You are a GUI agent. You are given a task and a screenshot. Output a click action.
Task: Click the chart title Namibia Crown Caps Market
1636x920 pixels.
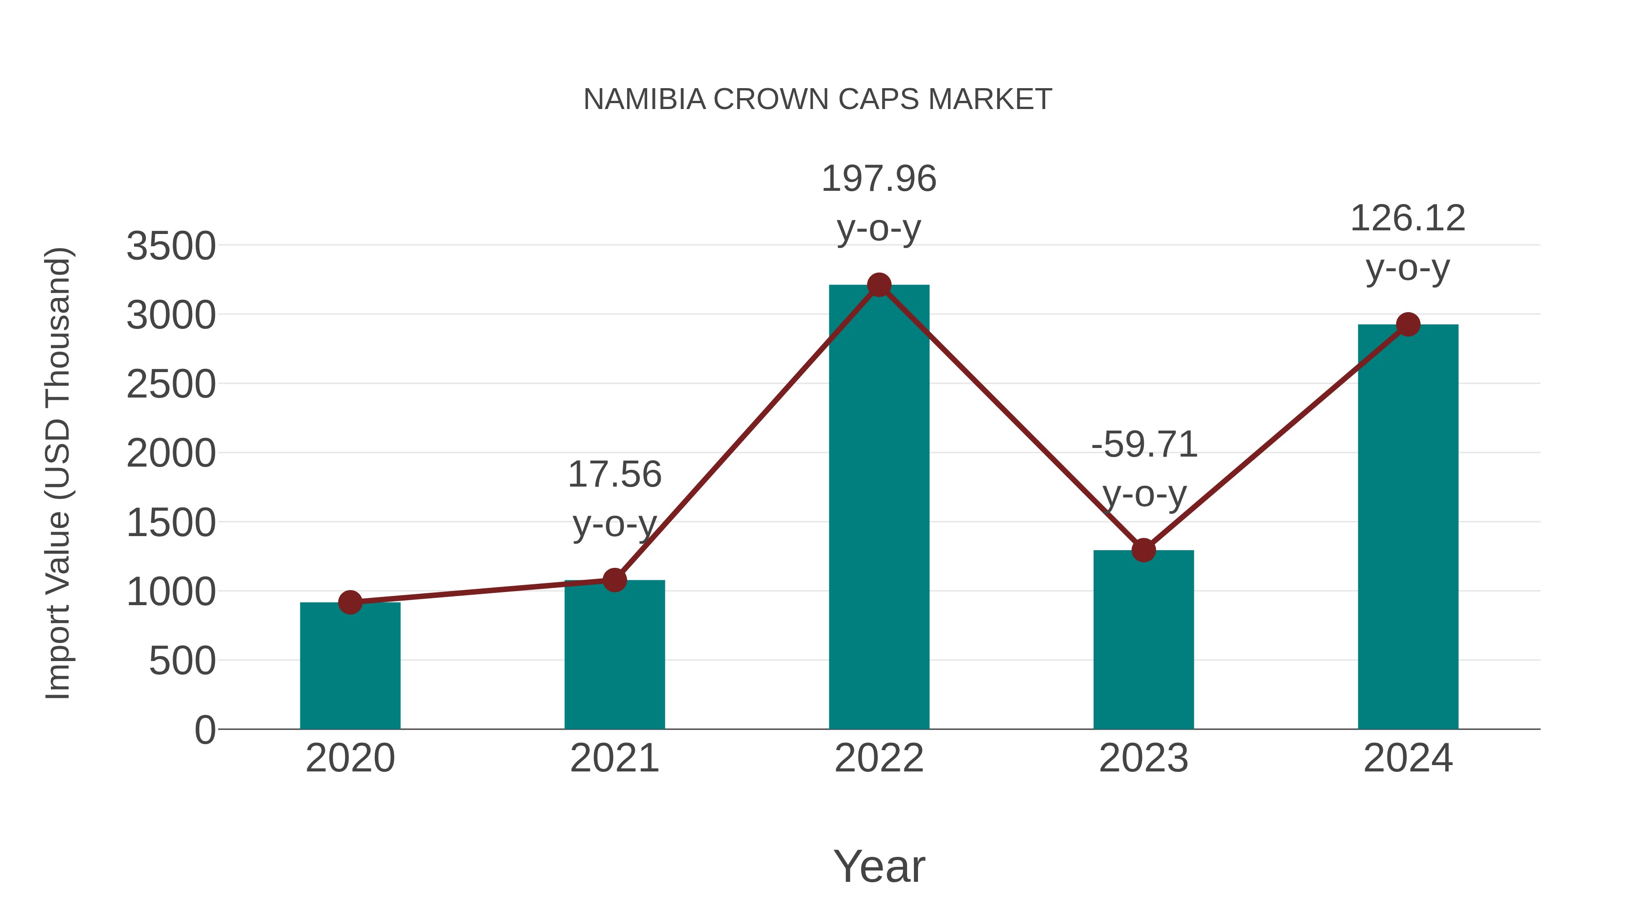tap(818, 99)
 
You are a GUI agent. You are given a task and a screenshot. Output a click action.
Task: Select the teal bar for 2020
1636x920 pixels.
tap(350, 666)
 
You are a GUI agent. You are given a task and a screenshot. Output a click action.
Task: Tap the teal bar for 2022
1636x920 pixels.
tap(879, 508)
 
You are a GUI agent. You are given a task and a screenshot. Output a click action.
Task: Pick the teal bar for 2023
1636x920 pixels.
tap(1143, 641)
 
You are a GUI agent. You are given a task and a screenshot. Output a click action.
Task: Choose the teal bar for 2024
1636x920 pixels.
tap(1408, 527)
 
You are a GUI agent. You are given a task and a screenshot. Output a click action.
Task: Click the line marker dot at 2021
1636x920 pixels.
tap(614, 580)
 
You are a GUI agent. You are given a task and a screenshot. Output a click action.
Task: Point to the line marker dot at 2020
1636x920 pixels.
tap(350, 602)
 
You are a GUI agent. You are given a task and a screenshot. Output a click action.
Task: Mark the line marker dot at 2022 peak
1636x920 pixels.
tap(879, 285)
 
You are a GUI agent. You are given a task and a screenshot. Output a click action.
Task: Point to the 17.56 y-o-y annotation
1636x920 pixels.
tap(614, 498)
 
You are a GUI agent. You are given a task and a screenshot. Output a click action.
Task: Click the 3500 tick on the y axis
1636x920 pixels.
tap(171, 246)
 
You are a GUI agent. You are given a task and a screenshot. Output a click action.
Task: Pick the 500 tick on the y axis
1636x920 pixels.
tap(182, 661)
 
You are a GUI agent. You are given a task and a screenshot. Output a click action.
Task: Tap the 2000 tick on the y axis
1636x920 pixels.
tap(171, 454)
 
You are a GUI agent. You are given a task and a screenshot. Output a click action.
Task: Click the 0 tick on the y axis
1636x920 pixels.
tap(205, 730)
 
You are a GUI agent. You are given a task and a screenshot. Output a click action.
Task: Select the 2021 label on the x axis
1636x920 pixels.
tap(614, 758)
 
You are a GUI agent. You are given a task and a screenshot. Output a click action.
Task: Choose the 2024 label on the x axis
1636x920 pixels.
tap(1408, 758)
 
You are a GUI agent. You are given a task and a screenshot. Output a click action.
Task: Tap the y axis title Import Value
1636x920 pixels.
tap(57, 473)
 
